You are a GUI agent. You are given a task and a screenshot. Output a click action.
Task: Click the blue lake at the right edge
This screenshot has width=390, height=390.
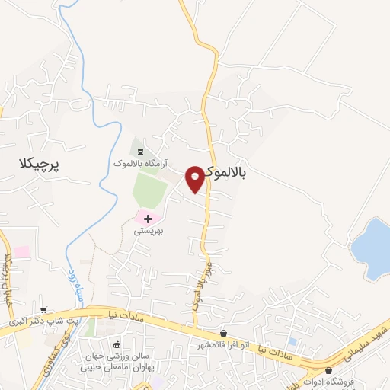(x=372, y=248)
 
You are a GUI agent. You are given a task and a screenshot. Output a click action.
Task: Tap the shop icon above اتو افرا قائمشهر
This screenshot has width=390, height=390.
(x=223, y=334)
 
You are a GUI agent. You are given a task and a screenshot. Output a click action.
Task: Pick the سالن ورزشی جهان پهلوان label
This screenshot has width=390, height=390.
(x=118, y=361)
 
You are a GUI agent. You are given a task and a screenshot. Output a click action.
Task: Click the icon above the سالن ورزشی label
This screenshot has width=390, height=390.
(x=117, y=344)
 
